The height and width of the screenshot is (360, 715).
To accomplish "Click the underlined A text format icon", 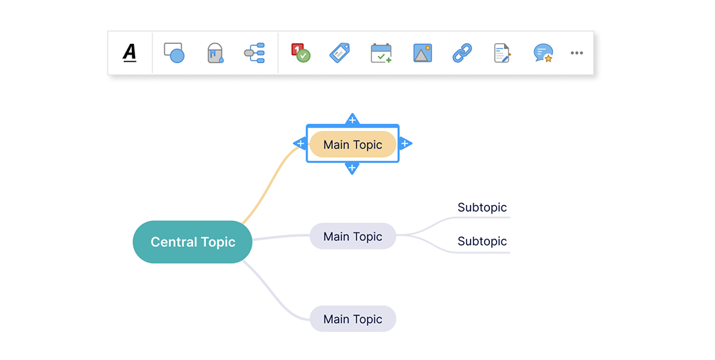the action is (130, 53).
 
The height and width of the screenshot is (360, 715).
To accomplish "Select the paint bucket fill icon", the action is (215, 53).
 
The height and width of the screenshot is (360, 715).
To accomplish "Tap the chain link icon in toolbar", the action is (462, 53).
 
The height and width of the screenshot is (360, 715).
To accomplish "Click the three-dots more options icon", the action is (577, 53).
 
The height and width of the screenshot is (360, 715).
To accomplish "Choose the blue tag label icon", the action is (340, 53).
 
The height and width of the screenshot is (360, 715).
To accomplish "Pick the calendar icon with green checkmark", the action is (381, 53).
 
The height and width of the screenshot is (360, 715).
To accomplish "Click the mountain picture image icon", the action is (422, 53).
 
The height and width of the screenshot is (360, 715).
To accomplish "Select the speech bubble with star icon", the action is (543, 53).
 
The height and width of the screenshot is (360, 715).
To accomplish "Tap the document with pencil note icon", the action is (502, 53).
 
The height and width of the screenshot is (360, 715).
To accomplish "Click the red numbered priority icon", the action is (301, 53).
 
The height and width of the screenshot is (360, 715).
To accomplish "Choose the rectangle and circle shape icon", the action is (174, 53).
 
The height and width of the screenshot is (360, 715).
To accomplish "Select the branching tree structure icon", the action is (254, 53).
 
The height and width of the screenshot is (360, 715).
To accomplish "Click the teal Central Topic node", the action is (192, 242).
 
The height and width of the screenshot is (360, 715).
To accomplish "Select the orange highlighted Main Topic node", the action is (352, 144).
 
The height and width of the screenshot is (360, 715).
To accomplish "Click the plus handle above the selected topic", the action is (352, 119).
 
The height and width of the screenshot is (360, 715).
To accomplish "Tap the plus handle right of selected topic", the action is (405, 144).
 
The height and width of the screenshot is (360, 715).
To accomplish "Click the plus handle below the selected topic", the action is (352, 168).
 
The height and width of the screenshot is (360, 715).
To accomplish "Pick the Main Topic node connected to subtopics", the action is (352, 236).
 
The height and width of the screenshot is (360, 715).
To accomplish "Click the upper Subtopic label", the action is (482, 208).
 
